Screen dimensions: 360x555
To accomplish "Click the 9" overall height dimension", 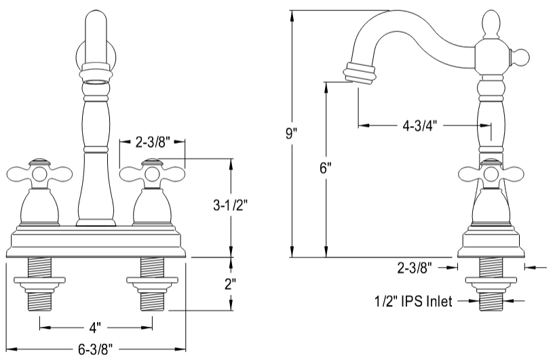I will [x=291, y=132].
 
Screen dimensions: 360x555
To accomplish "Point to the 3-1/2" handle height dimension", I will [x=230, y=205].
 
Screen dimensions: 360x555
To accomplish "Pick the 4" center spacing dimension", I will [x=95, y=327].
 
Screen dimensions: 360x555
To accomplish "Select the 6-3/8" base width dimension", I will [x=95, y=350].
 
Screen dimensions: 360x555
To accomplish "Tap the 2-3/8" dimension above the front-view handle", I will [x=152, y=142].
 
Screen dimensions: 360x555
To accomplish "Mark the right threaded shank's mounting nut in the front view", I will [x=152, y=279].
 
